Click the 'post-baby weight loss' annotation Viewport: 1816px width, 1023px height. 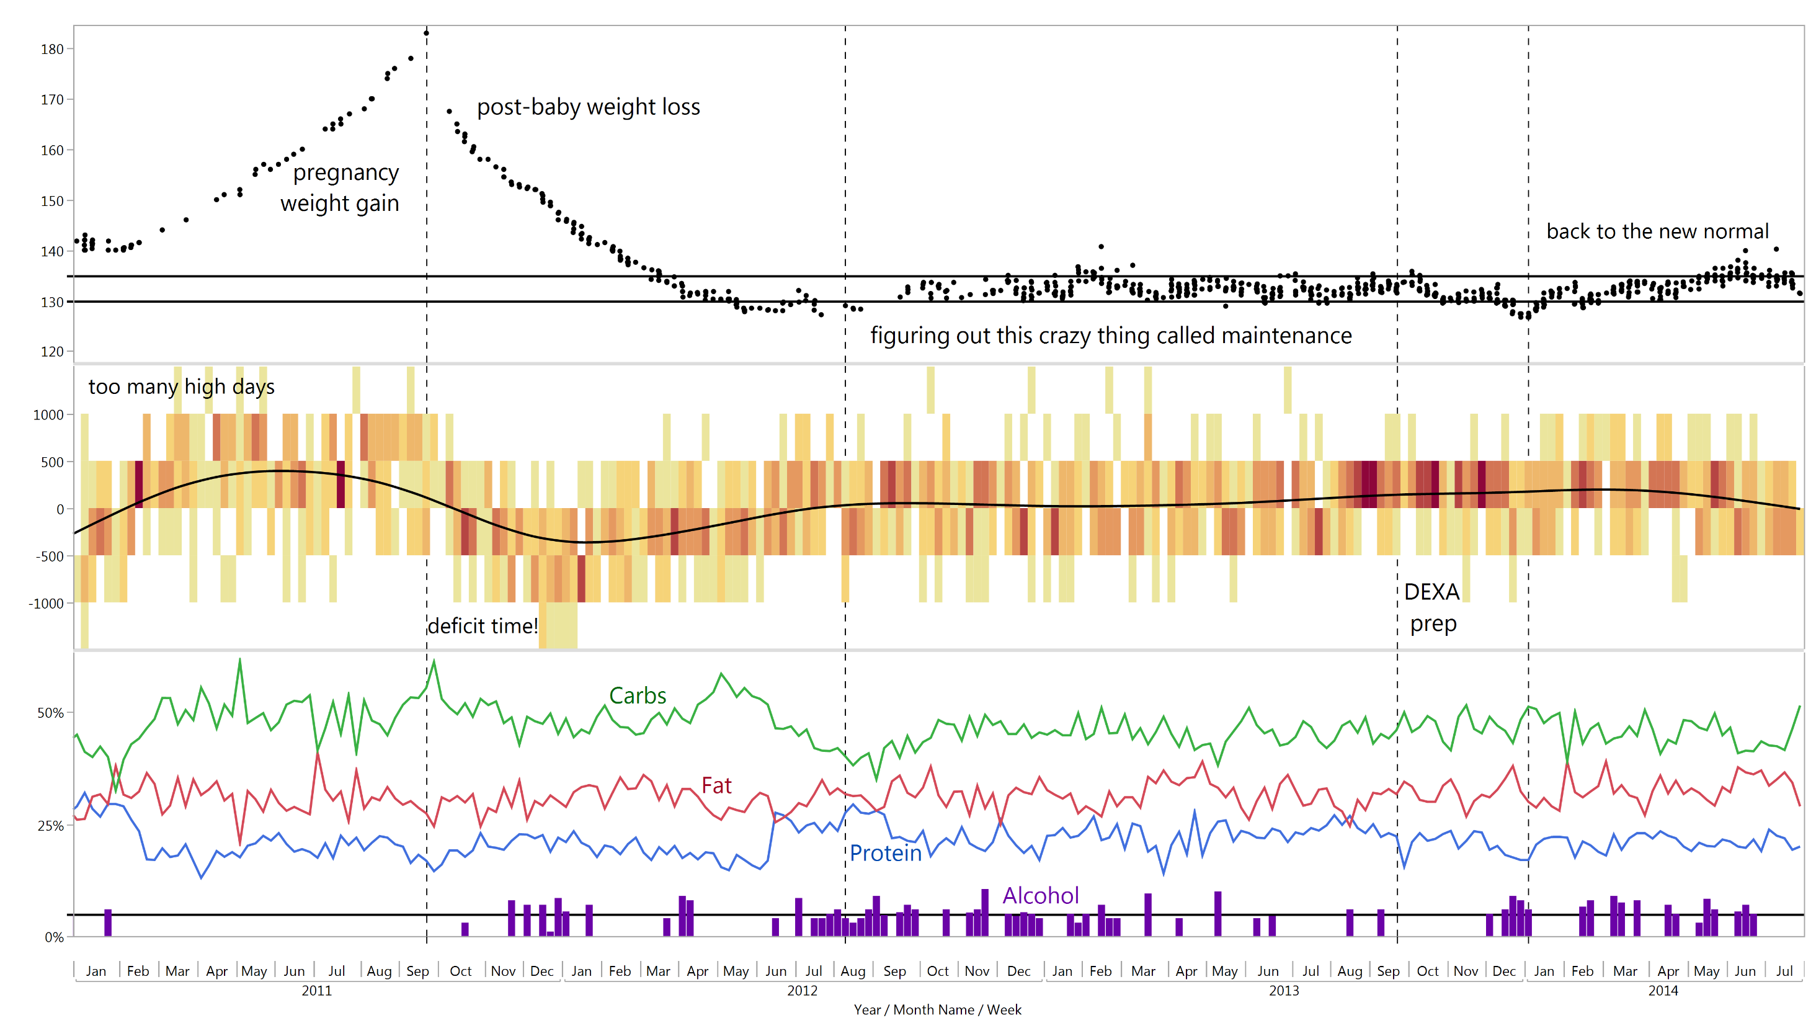click(x=589, y=107)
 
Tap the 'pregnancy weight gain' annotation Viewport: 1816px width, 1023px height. click(x=340, y=188)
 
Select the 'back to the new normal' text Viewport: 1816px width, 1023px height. click(x=1657, y=231)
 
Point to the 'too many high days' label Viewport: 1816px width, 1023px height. click(x=181, y=387)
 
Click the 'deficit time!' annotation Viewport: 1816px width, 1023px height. click(x=483, y=626)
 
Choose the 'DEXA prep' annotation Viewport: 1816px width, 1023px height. click(x=1433, y=608)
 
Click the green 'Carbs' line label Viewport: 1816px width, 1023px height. click(x=638, y=696)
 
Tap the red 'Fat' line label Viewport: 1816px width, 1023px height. click(x=716, y=785)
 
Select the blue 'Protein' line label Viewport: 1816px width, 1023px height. click(x=886, y=854)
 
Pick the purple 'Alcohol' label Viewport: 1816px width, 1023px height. click(x=1041, y=895)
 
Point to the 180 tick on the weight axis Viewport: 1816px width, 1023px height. click(x=52, y=50)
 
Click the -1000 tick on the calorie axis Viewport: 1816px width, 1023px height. click(x=47, y=604)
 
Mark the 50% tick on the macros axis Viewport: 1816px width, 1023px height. click(x=51, y=713)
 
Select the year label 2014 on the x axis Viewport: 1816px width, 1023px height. click(x=1663, y=991)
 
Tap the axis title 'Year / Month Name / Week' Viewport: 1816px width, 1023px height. click(x=938, y=1009)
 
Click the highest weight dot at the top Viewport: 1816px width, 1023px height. click(x=427, y=33)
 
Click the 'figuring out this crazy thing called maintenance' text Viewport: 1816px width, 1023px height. click(x=1111, y=336)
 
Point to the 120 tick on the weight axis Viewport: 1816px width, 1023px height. click(x=52, y=352)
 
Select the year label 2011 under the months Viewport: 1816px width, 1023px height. click(x=316, y=991)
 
